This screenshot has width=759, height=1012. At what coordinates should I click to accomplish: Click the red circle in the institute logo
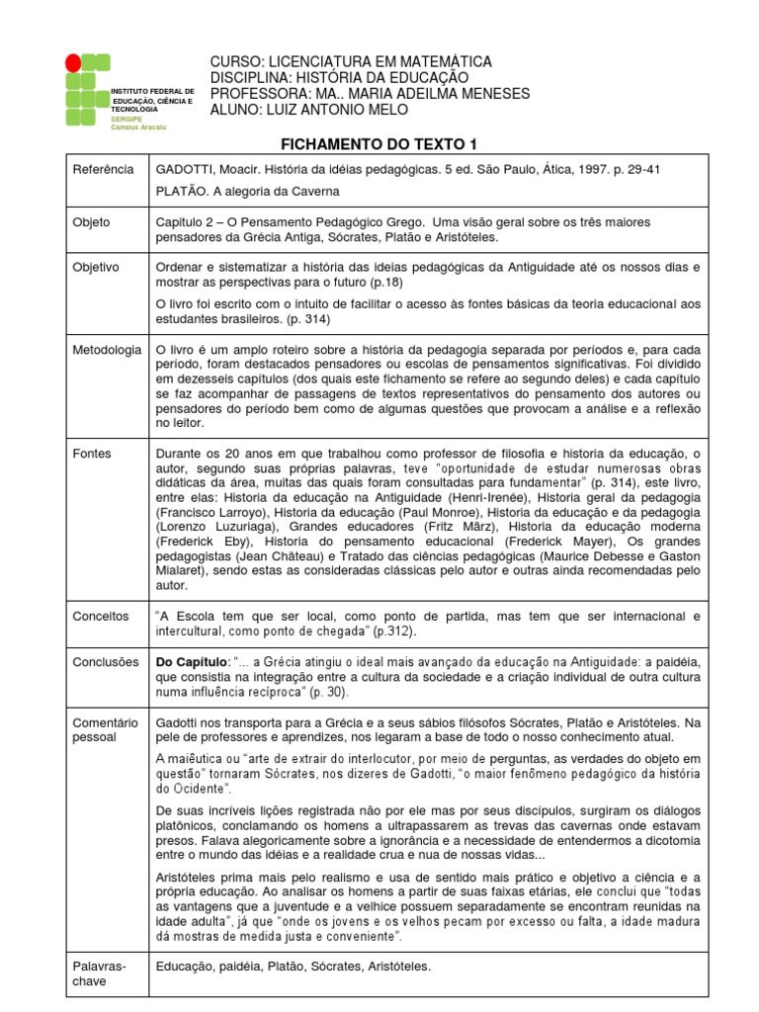72,63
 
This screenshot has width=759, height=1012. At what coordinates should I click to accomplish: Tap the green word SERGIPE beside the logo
127,119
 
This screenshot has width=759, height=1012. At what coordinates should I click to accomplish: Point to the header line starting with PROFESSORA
370,94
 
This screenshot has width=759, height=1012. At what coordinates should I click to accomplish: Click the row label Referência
103,169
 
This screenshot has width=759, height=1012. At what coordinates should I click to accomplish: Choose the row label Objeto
92,222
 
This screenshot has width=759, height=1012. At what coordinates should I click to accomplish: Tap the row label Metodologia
107,350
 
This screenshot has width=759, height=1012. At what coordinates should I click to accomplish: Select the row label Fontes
92,454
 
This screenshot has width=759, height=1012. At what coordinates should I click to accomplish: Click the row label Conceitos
101,616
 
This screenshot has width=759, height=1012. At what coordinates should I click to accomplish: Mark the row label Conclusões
106,662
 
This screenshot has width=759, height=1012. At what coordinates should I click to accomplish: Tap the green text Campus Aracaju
138,127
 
